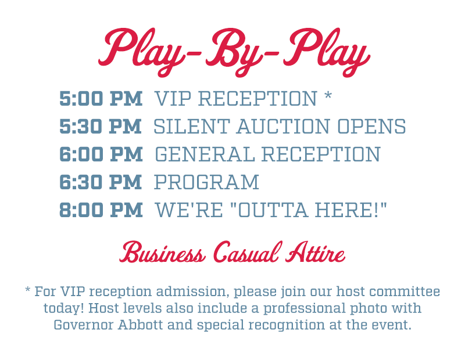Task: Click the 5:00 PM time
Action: (101, 99)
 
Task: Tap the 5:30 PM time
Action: (100, 127)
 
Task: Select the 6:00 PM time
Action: (101, 154)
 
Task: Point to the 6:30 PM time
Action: (100, 182)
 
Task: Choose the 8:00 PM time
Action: (101, 210)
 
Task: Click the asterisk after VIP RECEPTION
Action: (328, 96)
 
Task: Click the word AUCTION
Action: (283, 127)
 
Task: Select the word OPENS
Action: (371, 127)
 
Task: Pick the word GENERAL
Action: (205, 154)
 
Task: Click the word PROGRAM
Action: (207, 182)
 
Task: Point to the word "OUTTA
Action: (269, 210)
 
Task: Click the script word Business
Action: (162, 252)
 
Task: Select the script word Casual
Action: (246, 252)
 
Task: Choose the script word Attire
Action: (315, 252)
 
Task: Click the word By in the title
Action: (234, 51)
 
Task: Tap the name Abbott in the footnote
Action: (141, 325)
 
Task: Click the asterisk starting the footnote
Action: (27, 289)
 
